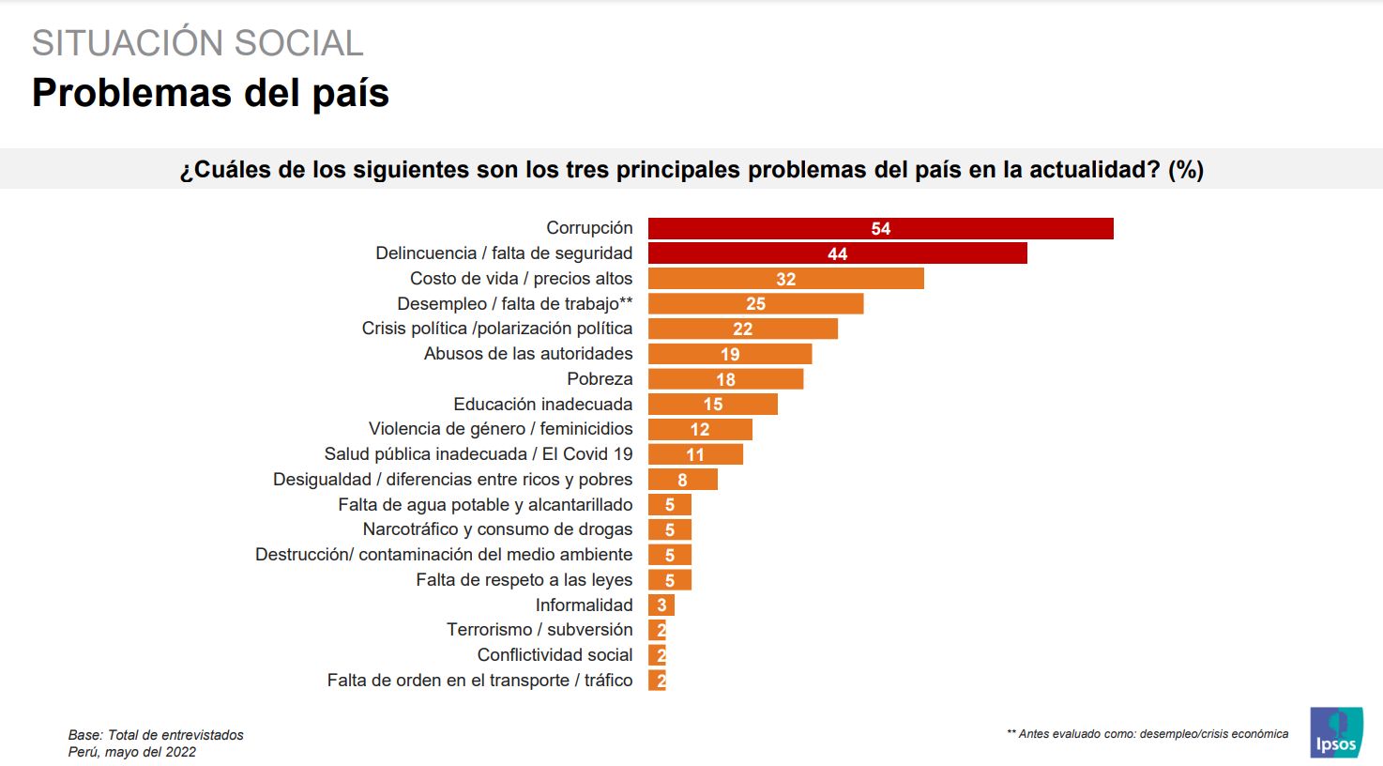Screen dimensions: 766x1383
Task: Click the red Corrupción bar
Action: [x=880, y=228]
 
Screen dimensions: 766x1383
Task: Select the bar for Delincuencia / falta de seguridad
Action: [x=837, y=253]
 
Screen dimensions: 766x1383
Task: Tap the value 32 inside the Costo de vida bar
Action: [x=786, y=279]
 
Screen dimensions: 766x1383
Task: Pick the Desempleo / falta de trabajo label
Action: [x=514, y=303]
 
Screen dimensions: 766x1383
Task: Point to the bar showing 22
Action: [x=742, y=329]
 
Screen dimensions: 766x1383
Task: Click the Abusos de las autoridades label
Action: [x=528, y=354]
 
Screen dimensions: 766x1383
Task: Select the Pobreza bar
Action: [x=725, y=379]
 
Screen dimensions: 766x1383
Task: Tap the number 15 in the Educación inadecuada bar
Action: [x=713, y=405]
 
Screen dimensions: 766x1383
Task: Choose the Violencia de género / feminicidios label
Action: [x=500, y=429]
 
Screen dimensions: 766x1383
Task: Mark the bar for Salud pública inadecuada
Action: [x=695, y=454]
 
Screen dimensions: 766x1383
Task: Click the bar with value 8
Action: [x=682, y=480]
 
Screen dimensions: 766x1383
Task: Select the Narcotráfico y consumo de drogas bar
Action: [x=670, y=529]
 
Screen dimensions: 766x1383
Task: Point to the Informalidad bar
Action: [x=661, y=605]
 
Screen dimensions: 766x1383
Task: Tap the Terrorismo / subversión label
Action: [x=540, y=630]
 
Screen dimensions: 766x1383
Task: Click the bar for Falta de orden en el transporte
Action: [x=657, y=681]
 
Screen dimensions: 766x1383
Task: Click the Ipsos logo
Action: [x=1336, y=733]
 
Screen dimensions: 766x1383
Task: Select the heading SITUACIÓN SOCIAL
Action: [x=197, y=43]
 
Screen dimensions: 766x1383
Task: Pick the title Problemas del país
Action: [x=210, y=93]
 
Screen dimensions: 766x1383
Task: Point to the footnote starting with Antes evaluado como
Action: [x=1147, y=734]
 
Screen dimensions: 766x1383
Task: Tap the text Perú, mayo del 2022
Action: [x=132, y=752]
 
